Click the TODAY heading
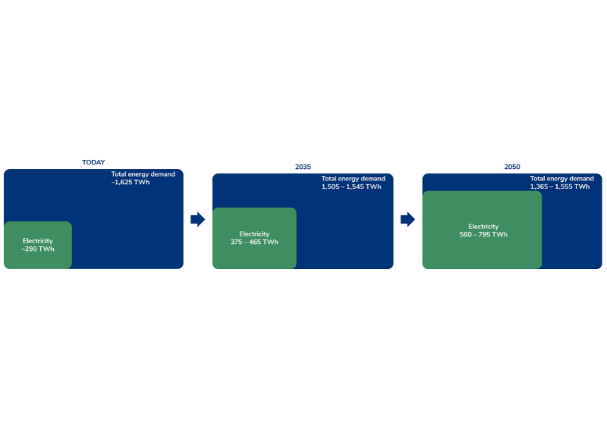pos(93,162)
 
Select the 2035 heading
pos(303,167)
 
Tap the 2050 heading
pos(511,167)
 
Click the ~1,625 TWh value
pos(131,182)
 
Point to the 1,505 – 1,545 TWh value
pos(351,186)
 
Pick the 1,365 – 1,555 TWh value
pos(560,186)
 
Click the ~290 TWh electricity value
pos(38,249)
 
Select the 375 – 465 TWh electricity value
pos(254,242)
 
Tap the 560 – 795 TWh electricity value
pos(483,234)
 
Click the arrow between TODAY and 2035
pos(198,219)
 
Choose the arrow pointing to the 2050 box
pos(407,219)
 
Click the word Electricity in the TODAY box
pos(38,240)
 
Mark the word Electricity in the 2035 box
pos(254,233)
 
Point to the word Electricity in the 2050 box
pos(483,227)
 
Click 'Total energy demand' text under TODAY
pos(143,174)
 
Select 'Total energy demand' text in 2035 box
pos(353,178)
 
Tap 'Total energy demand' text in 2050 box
pos(561,178)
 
